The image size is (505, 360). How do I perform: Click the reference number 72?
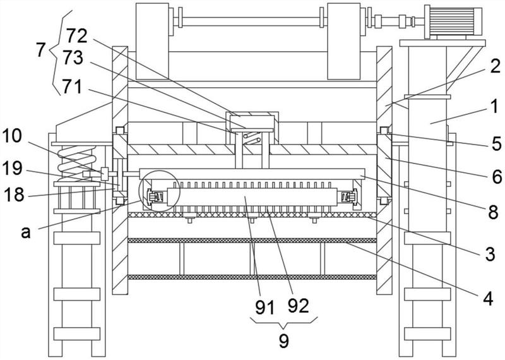[77, 36]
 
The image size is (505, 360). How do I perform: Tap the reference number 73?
[73, 57]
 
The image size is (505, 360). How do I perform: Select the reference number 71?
[72, 87]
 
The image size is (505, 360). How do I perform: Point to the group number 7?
[40, 50]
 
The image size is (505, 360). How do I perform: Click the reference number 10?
[12, 136]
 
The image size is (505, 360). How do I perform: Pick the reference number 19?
[13, 168]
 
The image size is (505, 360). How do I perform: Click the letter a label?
[26, 232]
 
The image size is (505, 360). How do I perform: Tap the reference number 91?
[264, 307]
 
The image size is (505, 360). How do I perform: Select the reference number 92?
[298, 305]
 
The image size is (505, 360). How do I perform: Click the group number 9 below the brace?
[283, 340]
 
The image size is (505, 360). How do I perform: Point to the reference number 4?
[487, 299]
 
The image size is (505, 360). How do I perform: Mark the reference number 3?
[490, 254]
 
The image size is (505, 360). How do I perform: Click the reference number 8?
[493, 212]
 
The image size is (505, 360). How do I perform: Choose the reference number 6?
[497, 177]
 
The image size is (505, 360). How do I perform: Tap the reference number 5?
[496, 144]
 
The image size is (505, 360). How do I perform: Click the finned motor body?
[453, 21]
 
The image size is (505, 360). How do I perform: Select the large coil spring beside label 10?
[76, 164]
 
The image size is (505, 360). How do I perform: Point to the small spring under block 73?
[252, 138]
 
